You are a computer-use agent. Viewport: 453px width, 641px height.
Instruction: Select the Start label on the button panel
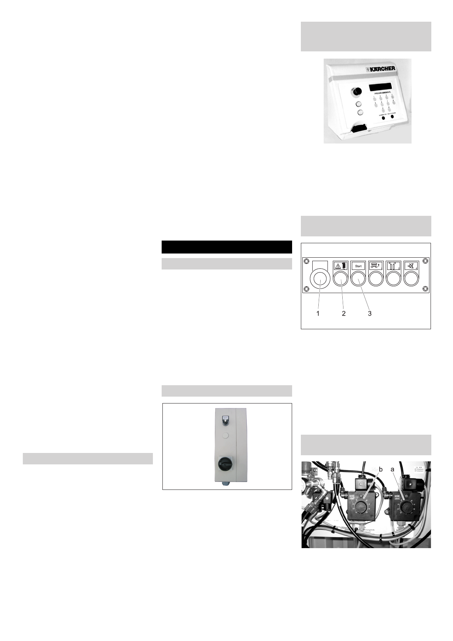(x=358, y=266)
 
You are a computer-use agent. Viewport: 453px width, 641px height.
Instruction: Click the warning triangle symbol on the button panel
(x=337, y=266)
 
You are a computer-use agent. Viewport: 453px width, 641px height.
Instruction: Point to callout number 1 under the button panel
(x=318, y=314)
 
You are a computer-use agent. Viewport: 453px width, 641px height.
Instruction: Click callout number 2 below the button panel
(x=343, y=314)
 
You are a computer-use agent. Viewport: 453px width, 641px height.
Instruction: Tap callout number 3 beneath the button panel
(x=369, y=314)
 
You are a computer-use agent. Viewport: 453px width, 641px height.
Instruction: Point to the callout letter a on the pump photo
(x=393, y=470)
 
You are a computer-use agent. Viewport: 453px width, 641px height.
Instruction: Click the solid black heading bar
(x=227, y=247)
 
